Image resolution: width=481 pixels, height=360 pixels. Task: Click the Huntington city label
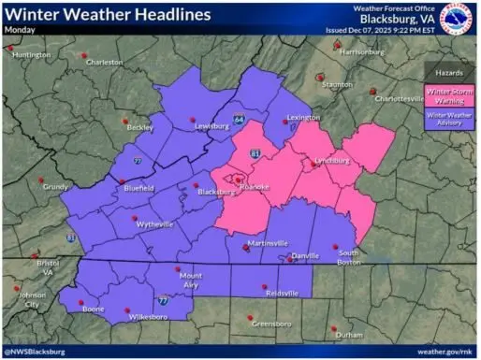[31, 55]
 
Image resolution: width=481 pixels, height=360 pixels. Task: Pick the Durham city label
[348, 334]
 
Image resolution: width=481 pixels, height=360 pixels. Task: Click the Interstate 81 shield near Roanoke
[254, 151]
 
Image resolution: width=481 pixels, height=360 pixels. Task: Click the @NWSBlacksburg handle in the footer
[35, 352]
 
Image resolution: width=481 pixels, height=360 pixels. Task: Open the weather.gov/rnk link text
[444, 352]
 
